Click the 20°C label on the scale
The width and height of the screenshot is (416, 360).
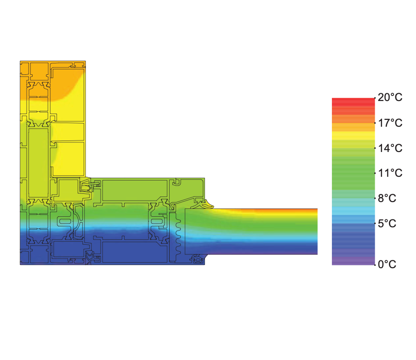click(390, 97)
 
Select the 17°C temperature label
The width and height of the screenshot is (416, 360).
click(390, 123)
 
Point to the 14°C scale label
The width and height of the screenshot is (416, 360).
click(390, 148)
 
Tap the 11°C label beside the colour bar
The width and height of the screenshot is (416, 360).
click(390, 173)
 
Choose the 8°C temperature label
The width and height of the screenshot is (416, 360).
click(387, 198)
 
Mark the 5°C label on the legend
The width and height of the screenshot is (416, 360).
click(387, 224)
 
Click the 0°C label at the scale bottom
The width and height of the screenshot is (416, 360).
click(387, 264)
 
